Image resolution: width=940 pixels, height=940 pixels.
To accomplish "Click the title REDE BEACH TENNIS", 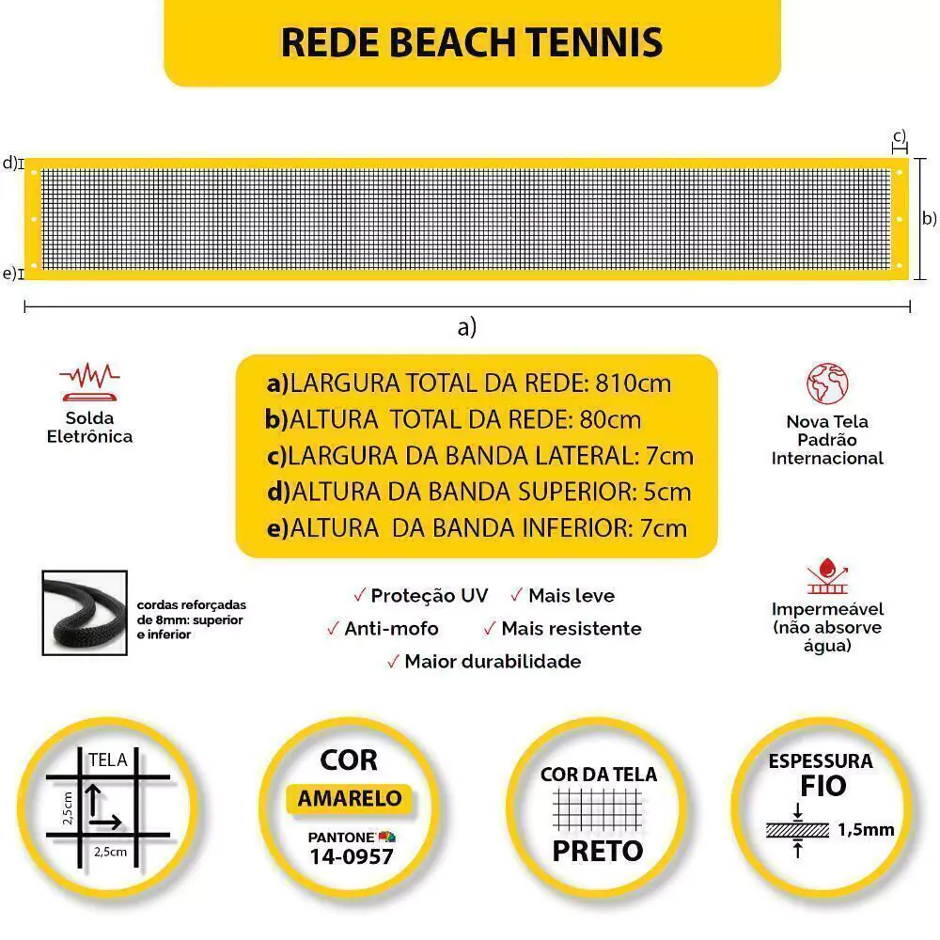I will click(x=472, y=42).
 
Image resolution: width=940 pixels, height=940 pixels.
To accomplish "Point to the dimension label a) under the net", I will click(x=467, y=327).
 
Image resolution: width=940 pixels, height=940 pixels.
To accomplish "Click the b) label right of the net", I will click(x=930, y=219).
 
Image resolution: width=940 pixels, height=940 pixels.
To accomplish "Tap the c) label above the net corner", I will click(x=900, y=136).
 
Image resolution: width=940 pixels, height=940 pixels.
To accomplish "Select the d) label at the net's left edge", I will click(x=9, y=163).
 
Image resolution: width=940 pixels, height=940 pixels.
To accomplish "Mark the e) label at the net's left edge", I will click(x=9, y=274).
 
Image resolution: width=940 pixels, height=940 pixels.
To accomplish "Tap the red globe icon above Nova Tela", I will click(x=827, y=384).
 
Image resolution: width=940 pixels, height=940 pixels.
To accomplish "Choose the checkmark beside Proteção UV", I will click(x=359, y=595).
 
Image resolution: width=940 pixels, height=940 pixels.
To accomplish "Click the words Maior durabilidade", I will click(x=493, y=661).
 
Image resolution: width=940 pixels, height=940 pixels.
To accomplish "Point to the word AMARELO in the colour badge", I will click(x=350, y=799).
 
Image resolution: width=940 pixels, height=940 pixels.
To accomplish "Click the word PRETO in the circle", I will click(x=598, y=851).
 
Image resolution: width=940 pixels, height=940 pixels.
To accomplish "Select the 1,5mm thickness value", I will click(x=865, y=829).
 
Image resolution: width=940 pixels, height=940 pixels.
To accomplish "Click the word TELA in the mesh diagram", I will click(x=107, y=760).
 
